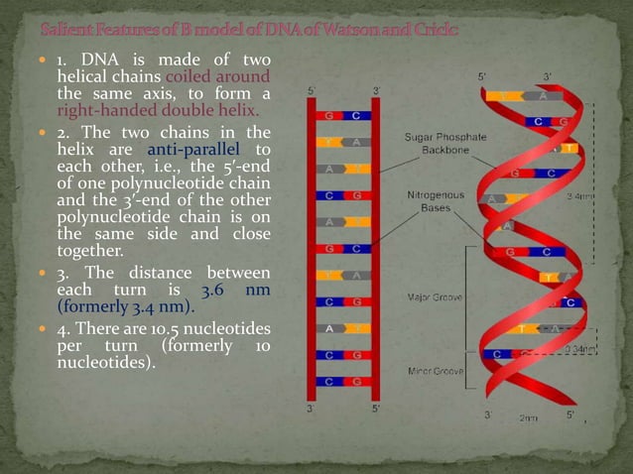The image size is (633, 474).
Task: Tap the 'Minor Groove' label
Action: pos(437,371)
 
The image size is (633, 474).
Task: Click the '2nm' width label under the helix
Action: pos(531,417)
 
